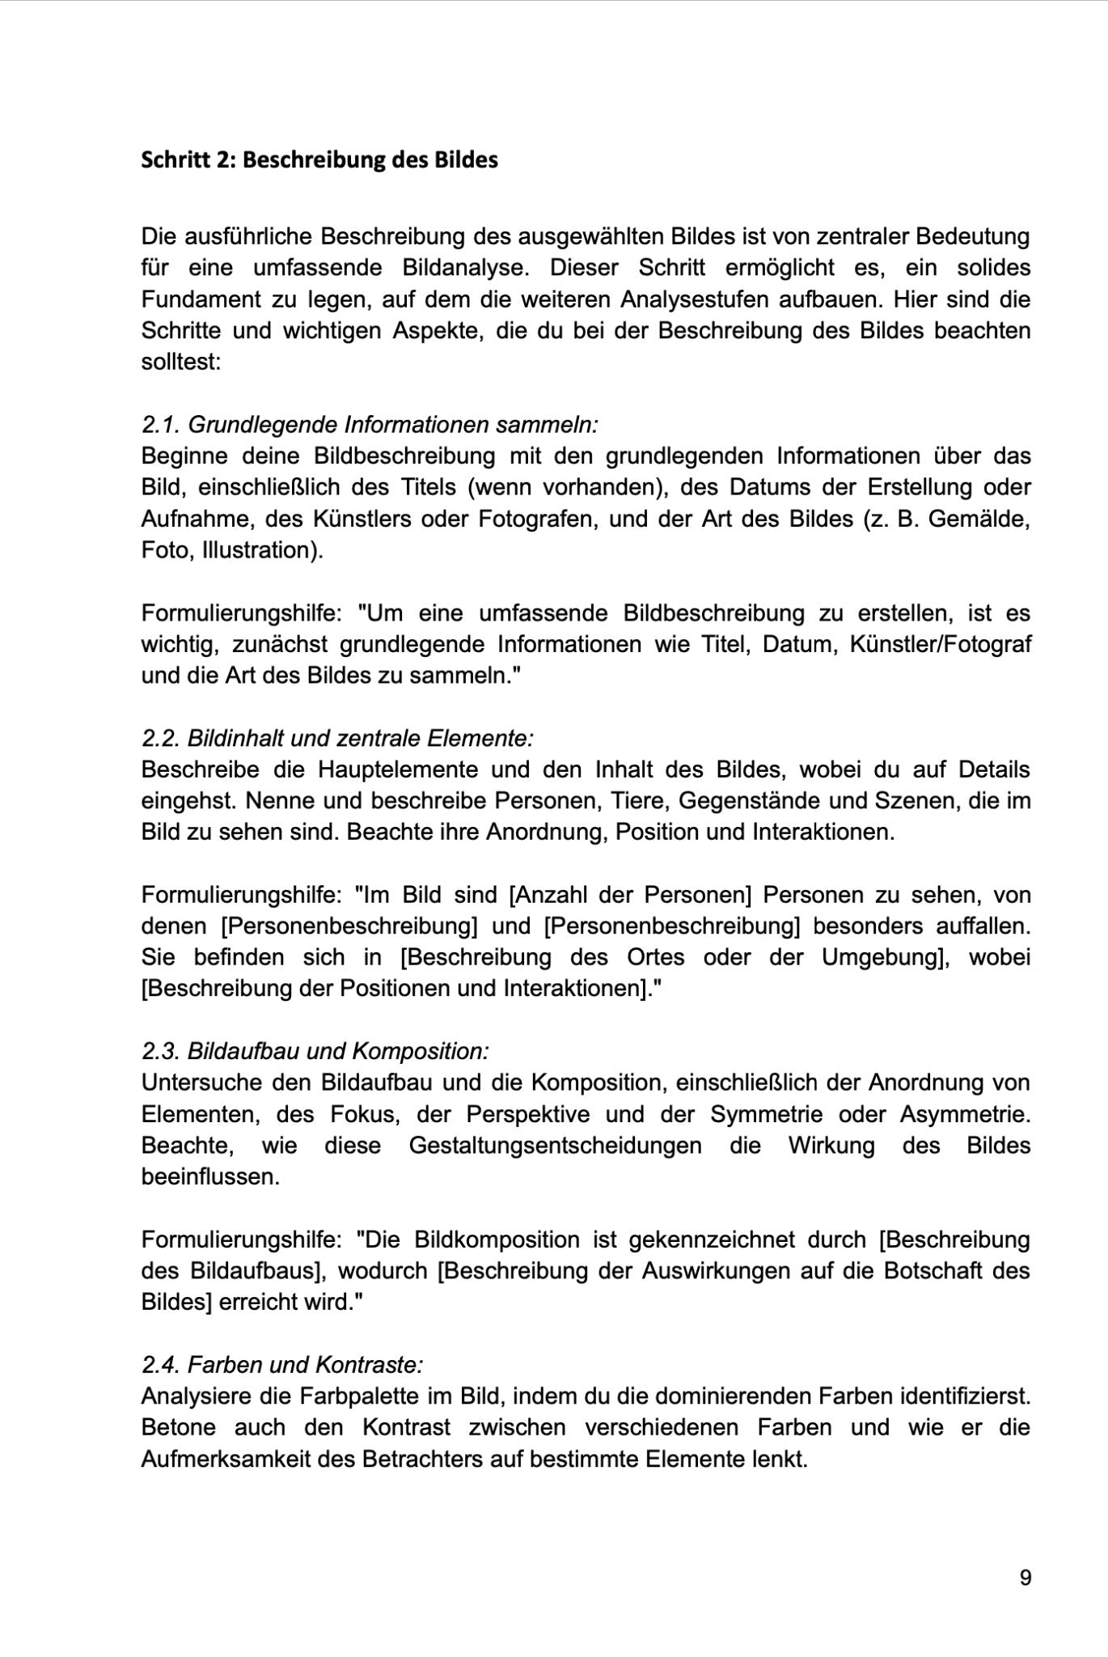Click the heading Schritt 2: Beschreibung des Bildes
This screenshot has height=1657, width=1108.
point(319,159)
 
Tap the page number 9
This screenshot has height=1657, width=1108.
point(1026,1577)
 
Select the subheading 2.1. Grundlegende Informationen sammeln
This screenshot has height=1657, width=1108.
point(370,424)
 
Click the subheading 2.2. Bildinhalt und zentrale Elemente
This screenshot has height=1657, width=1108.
point(337,738)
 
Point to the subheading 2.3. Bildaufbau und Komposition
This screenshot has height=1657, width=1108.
point(315,1051)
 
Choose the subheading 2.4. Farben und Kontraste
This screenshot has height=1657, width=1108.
point(281,1365)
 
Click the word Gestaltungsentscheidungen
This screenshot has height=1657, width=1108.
point(555,1146)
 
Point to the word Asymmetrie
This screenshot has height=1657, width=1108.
point(965,1114)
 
